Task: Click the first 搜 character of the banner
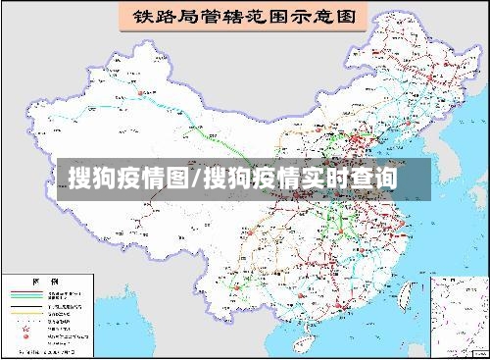coord(80,179)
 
